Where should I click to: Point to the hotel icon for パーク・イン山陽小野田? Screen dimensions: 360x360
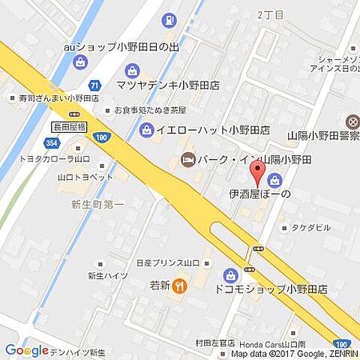point(187,159)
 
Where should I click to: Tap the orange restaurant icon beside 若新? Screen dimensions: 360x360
point(179,285)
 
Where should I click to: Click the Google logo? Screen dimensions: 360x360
point(26,350)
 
